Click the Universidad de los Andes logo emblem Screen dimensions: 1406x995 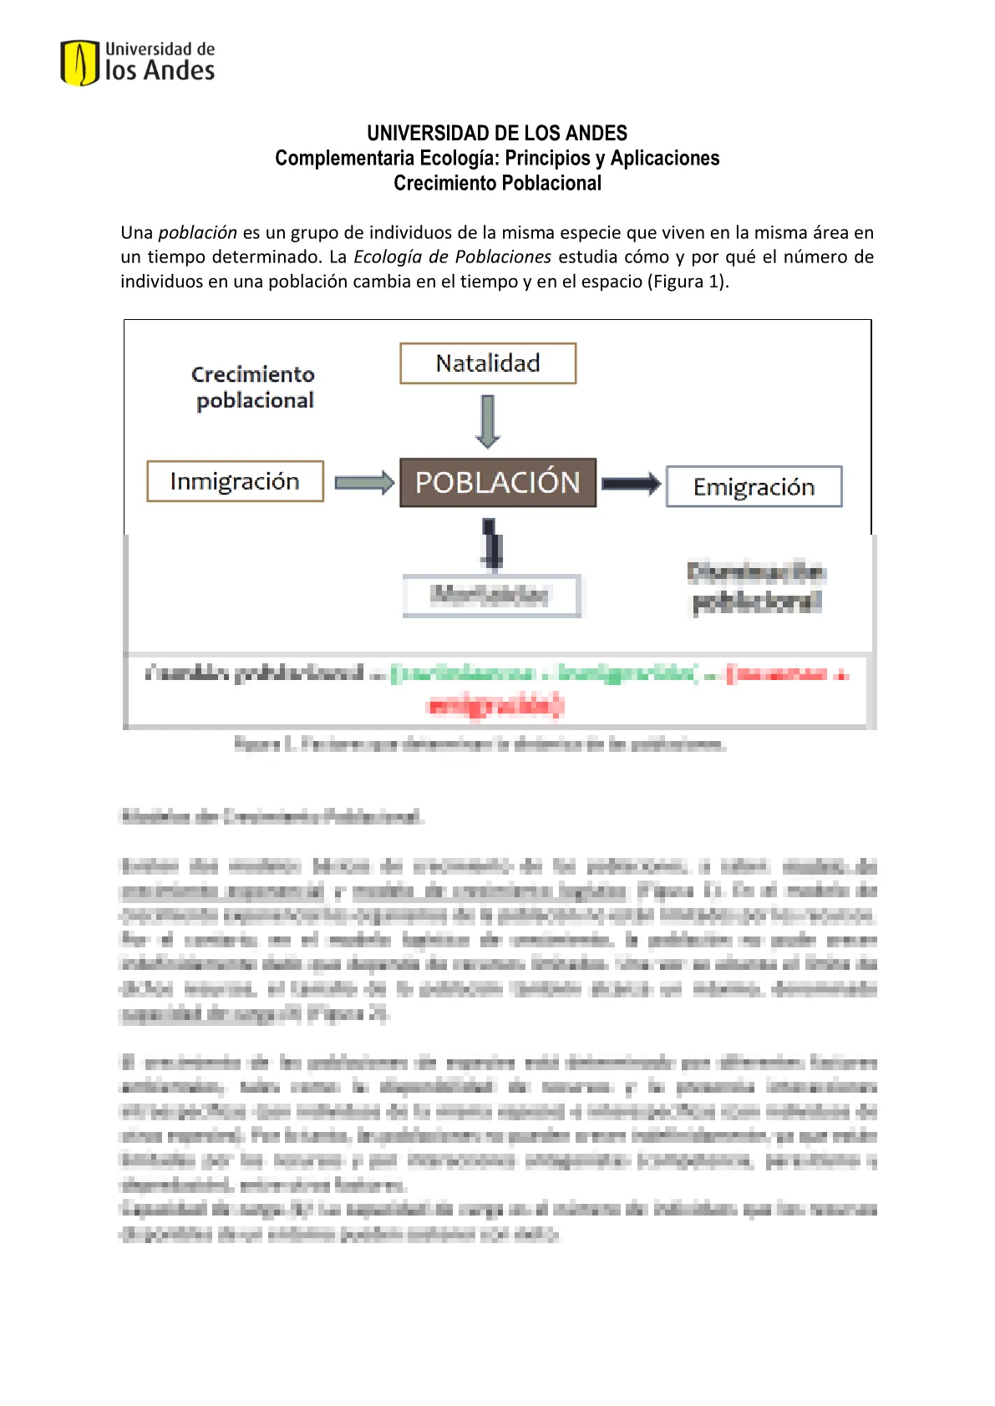click(79, 63)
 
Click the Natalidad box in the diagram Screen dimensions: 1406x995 click(488, 363)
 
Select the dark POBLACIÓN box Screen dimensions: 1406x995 click(498, 483)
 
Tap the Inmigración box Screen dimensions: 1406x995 click(235, 481)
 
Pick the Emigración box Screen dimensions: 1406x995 click(754, 487)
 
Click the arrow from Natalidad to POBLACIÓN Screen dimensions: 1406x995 click(488, 420)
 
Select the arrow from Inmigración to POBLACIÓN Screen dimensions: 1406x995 click(363, 483)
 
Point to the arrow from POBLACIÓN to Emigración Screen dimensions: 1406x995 click(631, 484)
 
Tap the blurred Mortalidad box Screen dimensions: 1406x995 click(491, 596)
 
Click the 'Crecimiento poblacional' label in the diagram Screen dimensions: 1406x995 click(254, 387)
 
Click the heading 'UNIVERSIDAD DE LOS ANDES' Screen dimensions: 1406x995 click(497, 133)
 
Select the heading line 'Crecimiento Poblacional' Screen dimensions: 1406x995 click(497, 183)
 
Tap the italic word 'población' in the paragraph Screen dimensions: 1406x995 click(198, 232)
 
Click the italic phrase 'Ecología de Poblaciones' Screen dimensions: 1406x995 click(453, 256)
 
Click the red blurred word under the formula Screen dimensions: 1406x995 click(495, 706)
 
